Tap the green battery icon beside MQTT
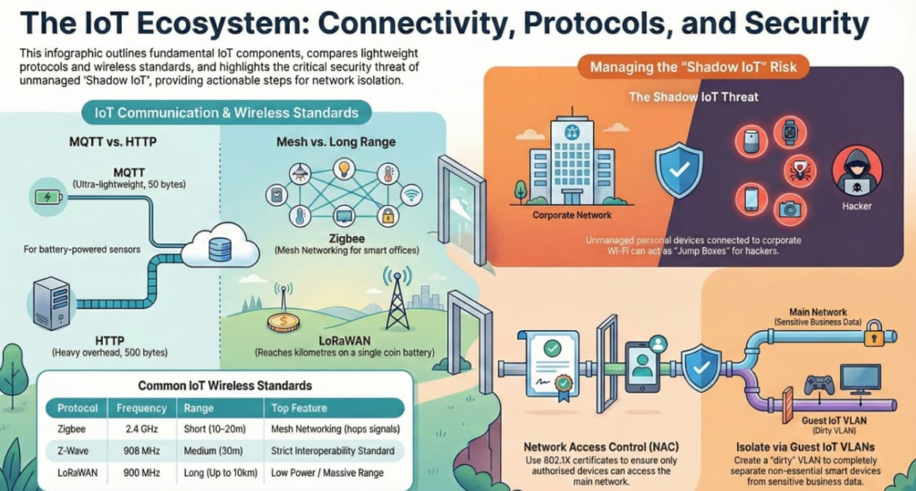click(x=48, y=197)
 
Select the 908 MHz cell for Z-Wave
click(x=141, y=451)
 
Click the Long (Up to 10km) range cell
click(x=220, y=473)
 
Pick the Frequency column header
click(x=141, y=408)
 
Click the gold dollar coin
click(x=284, y=322)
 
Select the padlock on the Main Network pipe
click(x=874, y=334)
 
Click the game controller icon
click(x=819, y=385)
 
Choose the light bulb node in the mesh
click(x=344, y=169)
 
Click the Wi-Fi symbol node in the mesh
click(x=411, y=195)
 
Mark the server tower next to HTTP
click(x=52, y=303)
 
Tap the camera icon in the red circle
click(x=790, y=209)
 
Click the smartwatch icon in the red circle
click(x=790, y=131)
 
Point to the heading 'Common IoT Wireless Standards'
click(x=225, y=385)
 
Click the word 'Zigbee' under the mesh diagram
click(x=346, y=239)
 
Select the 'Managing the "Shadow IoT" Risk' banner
click(x=693, y=66)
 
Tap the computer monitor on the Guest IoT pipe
click(x=860, y=379)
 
